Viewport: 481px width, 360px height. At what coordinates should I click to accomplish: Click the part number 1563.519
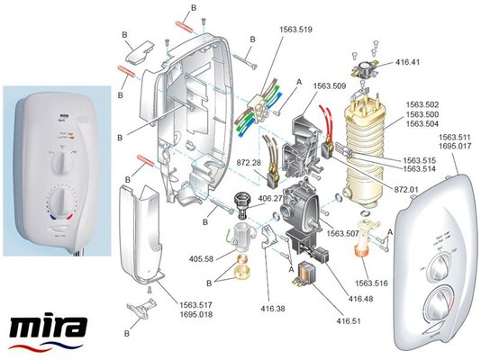[x=295, y=30]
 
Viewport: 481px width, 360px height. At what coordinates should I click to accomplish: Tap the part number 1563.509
[x=330, y=88]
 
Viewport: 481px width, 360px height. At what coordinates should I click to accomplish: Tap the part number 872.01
[x=407, y=190]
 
